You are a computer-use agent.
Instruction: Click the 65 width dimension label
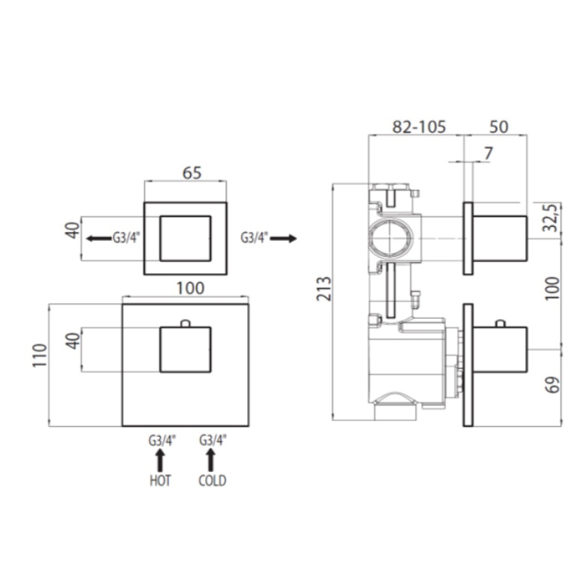192,173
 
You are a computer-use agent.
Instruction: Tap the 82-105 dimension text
419,127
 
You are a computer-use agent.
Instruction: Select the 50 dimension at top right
499,127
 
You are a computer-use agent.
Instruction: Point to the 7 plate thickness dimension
488,153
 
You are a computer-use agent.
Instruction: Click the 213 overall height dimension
324,289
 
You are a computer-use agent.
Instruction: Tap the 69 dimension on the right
553,384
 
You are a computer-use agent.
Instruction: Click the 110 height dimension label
40,355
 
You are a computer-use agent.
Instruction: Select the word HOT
161,481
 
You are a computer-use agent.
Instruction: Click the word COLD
213,481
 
